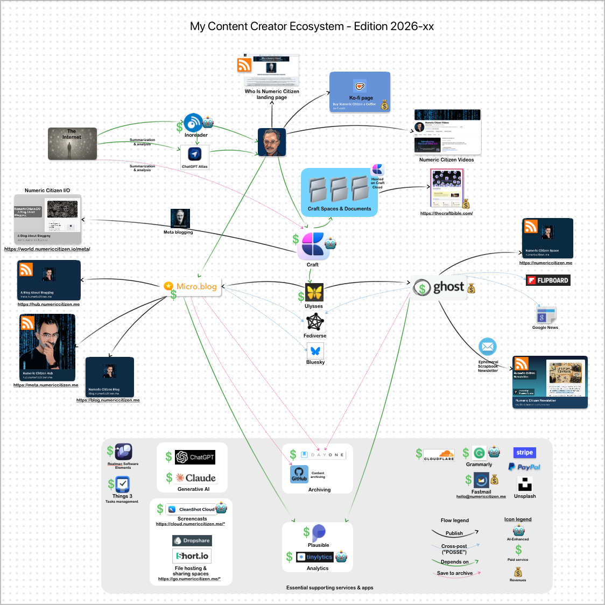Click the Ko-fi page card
tap(360, 92)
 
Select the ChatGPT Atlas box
tap(195, 157)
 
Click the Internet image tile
tap(72, 144)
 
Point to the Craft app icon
tap(313, 245)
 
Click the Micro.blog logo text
tap(196, 286)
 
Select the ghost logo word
tap(448, 287)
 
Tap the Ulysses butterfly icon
tap(314, 293)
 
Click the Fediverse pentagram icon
tap(315, 322)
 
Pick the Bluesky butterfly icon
tap(315, 351)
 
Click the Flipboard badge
tap(548, 280)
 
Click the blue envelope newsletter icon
tap(488, 347)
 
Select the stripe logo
tap(525, 453)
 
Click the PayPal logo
tap(525, 467)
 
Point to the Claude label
tap(200, 478)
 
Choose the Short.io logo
tap(192, 556)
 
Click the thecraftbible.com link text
tap(446, 214)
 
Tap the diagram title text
tap(312, 26)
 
